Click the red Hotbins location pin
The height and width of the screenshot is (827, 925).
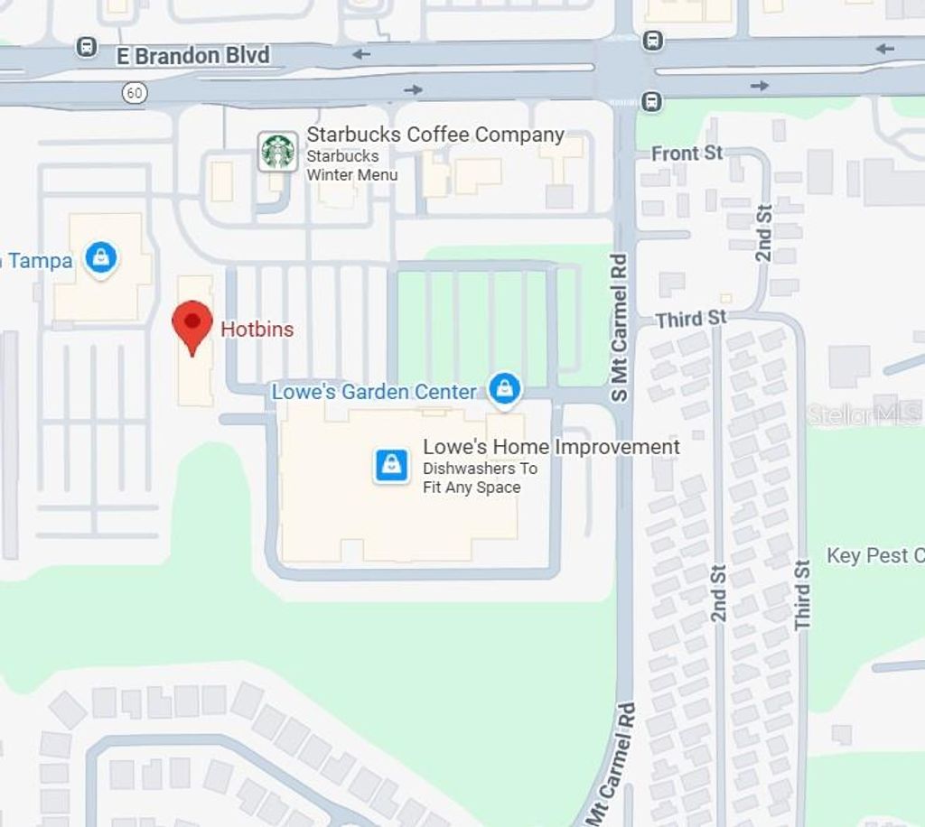[x=192, y=326]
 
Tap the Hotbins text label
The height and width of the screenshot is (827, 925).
[x=257, y=330]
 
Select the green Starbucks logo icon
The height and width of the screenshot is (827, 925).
[x=277, y=152]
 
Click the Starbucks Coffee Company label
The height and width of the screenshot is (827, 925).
[x=435, y=135]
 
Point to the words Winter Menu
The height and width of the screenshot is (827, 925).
[x=352, y=174]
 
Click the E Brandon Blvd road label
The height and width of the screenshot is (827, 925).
[x=193, y=56]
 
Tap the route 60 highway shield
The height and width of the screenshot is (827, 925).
[x=135, y=92]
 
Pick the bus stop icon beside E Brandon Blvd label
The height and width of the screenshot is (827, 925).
[x=87, y=47]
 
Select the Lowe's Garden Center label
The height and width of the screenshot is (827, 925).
[x=374, y=392]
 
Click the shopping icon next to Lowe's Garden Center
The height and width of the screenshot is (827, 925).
[x=504, y=389]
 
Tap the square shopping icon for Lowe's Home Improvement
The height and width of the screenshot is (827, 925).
[x=392, y=466]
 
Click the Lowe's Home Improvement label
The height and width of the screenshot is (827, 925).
[x=551, y=447]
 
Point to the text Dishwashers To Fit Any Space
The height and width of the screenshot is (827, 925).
[x=480, y=479]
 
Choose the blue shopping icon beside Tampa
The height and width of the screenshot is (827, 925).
[x=101, y=258]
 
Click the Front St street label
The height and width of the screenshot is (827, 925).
[x=687, y=153]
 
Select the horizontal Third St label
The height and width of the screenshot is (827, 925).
[x=691, y=319]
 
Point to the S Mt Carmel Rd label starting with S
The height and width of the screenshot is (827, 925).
[x=619, y=328]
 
